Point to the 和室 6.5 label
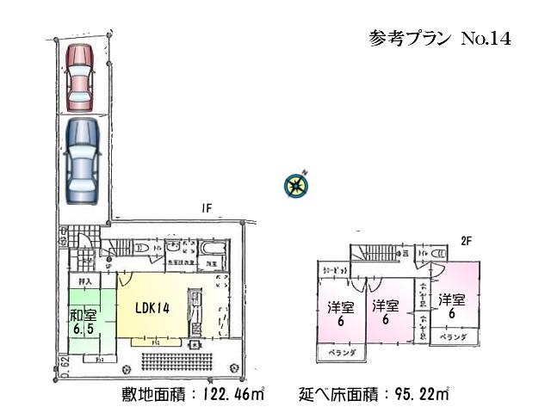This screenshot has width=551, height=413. [x=83, y=320]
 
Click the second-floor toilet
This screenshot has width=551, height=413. [x=438, y=254]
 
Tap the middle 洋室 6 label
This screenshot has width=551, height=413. [x=384, y=313]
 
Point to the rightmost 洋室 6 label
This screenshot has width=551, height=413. [x=448, y=306]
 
